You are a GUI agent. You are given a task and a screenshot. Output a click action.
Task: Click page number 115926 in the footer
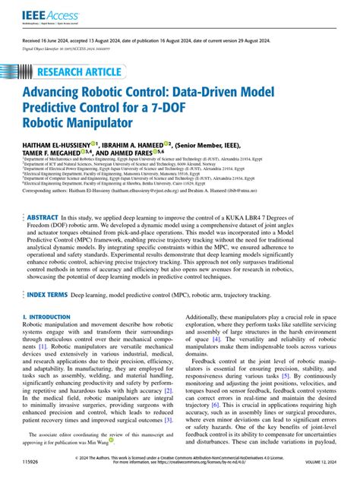32,462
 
